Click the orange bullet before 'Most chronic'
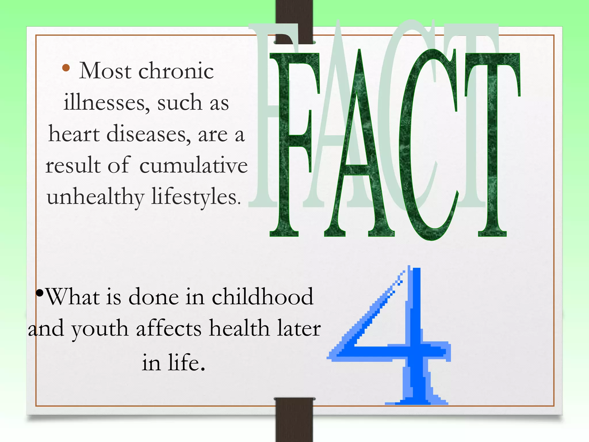click(66, 68)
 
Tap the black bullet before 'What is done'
click(40, 293)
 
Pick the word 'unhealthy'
click(95, 198)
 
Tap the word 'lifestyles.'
click(196, 198)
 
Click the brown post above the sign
click(294, 17)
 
